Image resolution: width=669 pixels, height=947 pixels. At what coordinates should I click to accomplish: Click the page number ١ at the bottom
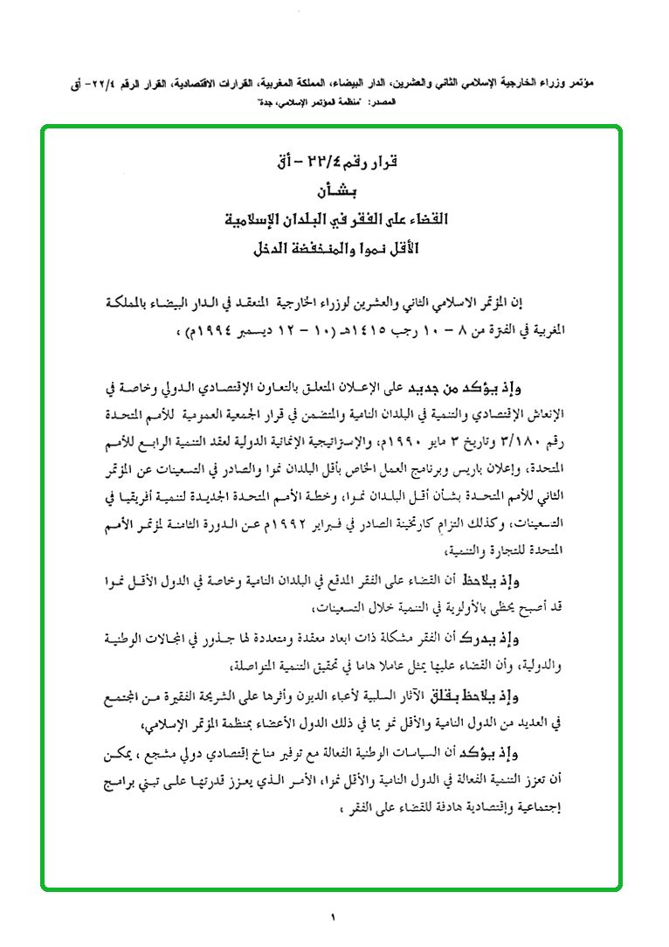[334, 916]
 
